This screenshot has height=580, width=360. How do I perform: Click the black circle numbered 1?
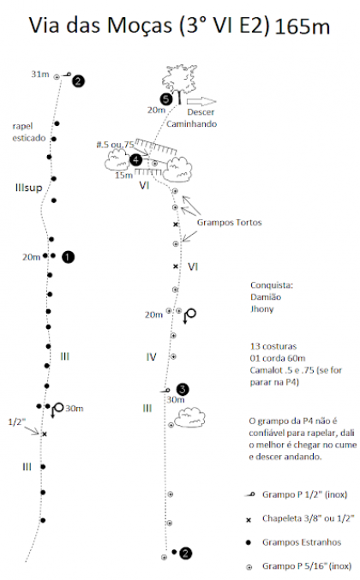68,257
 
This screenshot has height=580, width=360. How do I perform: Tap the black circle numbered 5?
166,99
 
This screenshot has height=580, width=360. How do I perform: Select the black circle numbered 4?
136,160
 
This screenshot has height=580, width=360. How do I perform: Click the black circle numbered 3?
183,389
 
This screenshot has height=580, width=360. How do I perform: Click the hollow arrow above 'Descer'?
201,101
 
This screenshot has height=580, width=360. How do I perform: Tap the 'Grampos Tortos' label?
229,222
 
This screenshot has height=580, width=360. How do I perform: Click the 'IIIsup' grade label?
28,188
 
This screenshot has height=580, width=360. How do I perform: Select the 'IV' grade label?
151,357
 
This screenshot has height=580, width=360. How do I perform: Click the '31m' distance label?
40,74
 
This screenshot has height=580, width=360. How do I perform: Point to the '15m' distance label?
123,175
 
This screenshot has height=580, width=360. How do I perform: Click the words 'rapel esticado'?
29,132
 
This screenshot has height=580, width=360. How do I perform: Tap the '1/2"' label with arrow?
17,422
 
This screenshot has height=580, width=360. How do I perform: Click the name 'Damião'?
266,297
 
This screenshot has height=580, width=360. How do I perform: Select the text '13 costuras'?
273,346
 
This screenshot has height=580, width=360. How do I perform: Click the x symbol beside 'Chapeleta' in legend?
249,520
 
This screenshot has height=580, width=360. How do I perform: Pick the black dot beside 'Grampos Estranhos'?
249,542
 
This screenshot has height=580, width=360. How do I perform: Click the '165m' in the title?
303,27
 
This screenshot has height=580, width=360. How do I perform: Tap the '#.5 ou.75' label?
115,144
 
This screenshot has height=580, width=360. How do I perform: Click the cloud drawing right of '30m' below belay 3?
189,416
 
